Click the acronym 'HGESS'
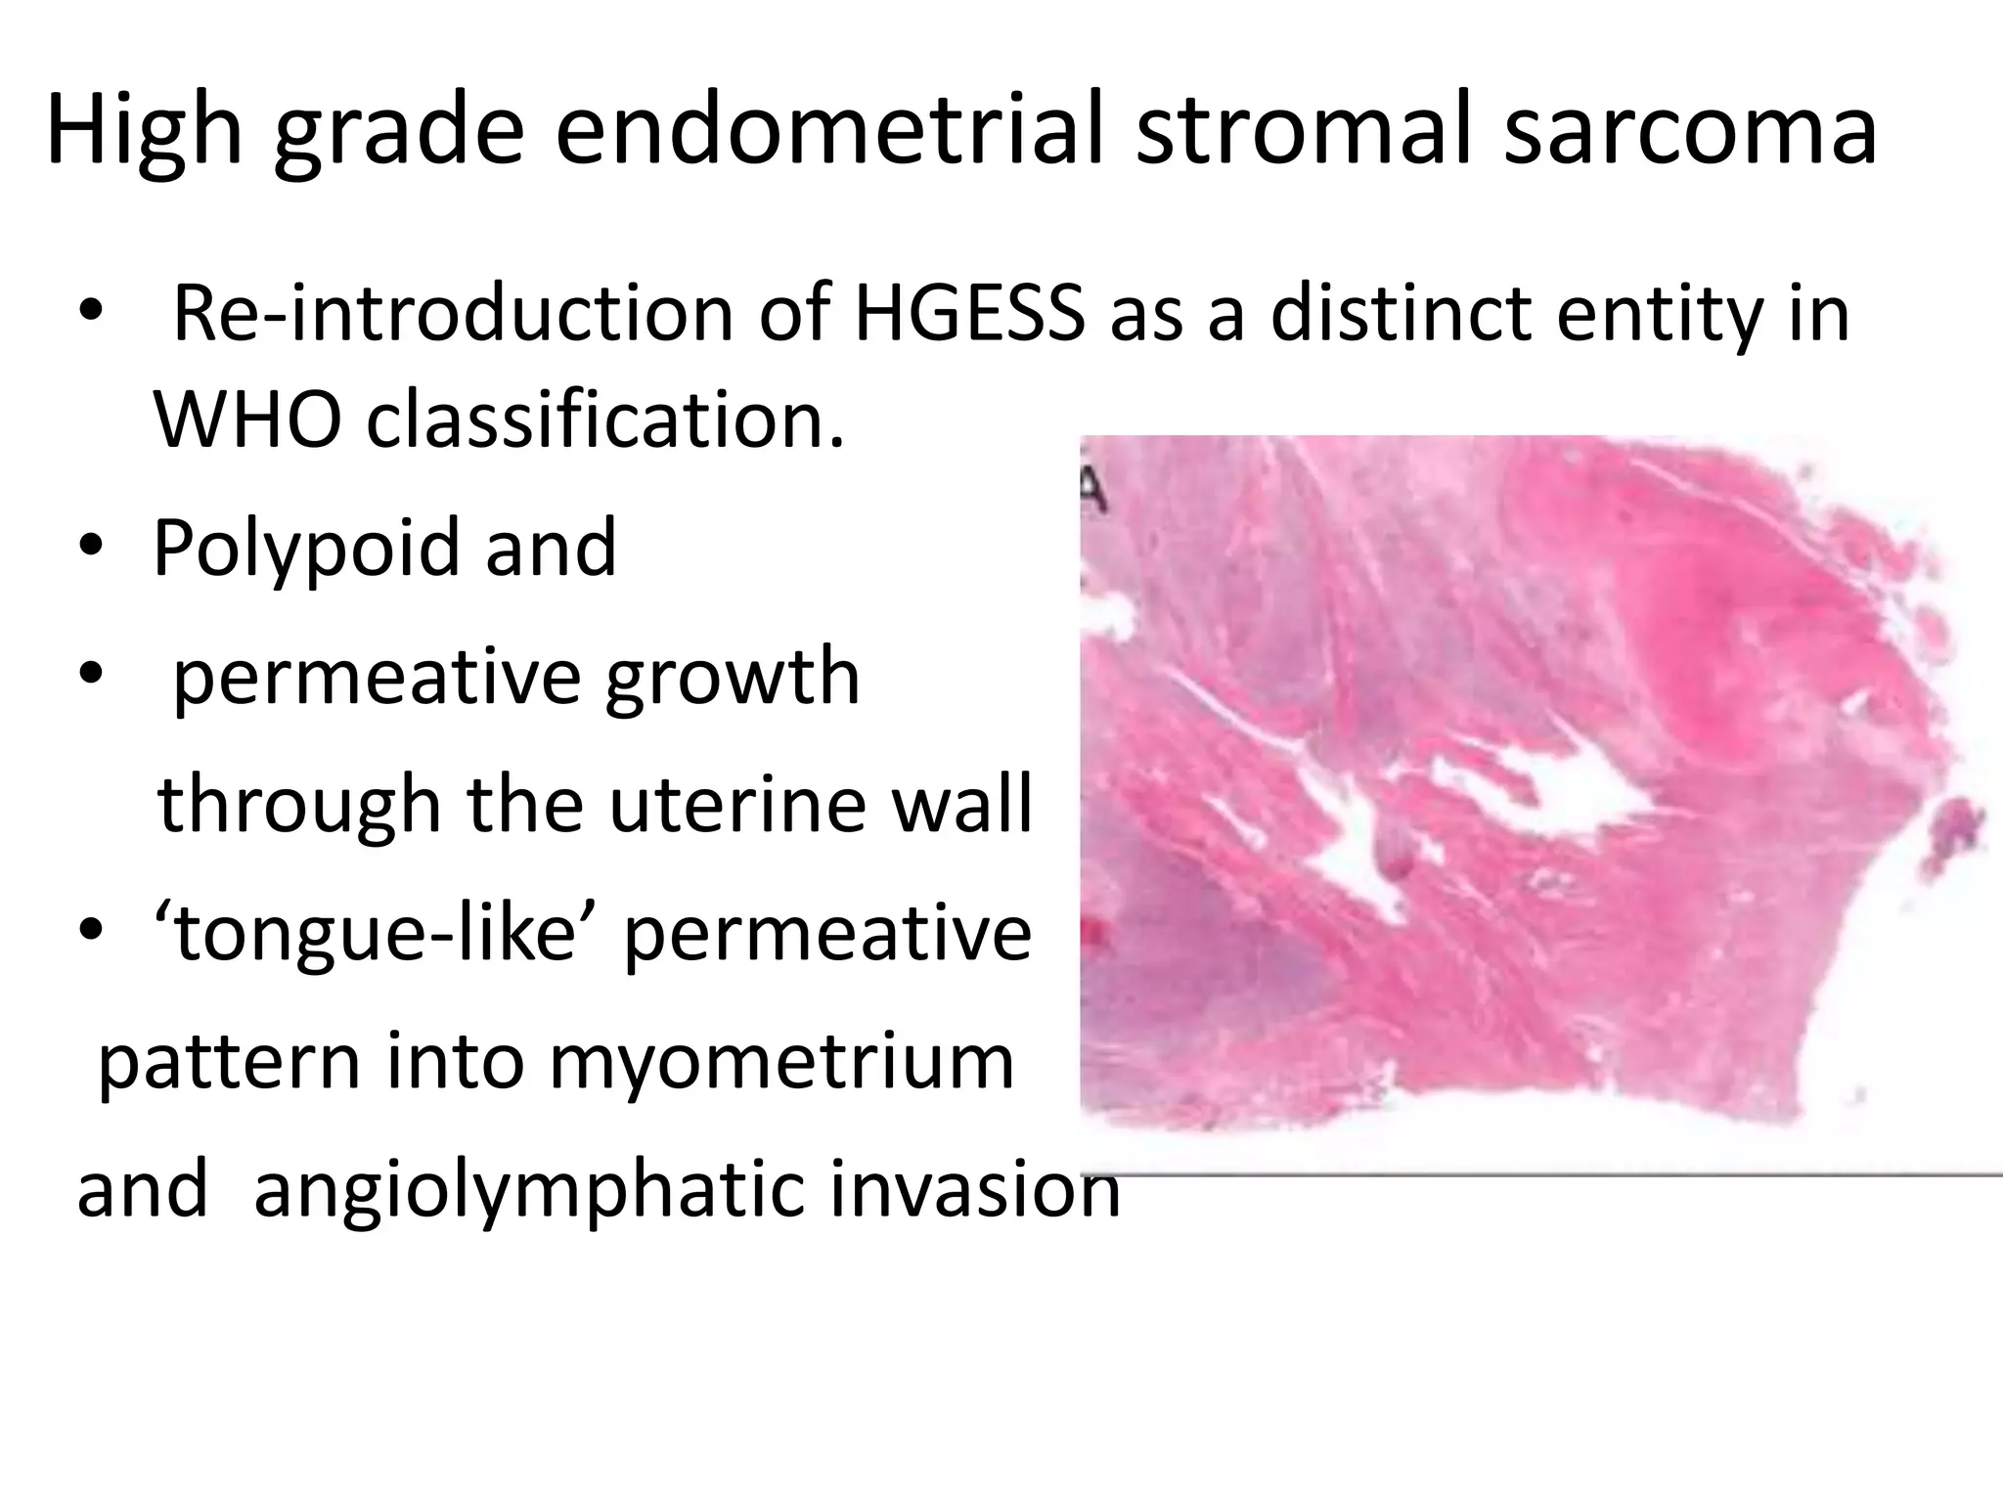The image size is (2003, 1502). [x=969, y=314]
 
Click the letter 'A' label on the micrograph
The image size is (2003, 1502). [x=1094, y=489]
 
